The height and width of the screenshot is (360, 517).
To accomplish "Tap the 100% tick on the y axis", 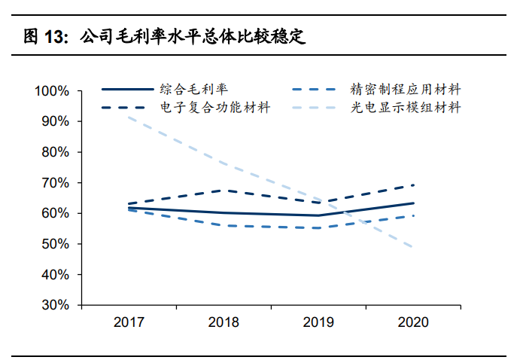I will pos(52,91).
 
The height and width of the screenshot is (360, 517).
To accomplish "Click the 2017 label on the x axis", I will pos(129,322).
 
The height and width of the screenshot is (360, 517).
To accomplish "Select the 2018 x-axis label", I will pos(224,322).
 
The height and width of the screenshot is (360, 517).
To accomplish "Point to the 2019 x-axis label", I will pos(318,322).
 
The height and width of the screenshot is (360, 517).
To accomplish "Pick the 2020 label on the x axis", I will pos(413,322).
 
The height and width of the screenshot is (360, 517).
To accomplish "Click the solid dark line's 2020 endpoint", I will pos(413,203).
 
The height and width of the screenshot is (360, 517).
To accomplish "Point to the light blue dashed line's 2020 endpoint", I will pos(413,248).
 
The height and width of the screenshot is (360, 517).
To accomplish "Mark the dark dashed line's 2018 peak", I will pos(224,190).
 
